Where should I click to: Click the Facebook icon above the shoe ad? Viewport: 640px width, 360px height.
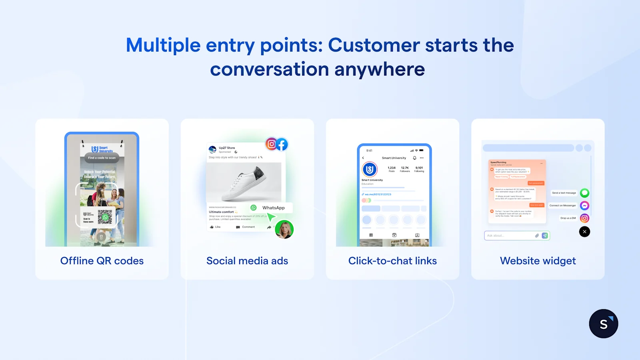pyautogui.click(x=282, y=144)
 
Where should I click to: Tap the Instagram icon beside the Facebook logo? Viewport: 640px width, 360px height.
pyautogui.click(x=272, y=144)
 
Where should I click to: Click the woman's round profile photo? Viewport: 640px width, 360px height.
pyautogui.click(x=284, y=230)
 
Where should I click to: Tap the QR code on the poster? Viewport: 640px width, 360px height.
pyautogui.click(x=105, y=217)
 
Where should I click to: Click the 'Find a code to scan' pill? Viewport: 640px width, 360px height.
pyautogui.click(x=102, y=158)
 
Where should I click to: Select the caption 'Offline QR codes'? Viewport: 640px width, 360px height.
pyautogui.click(x=102, y=261)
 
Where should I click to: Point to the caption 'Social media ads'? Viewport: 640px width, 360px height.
pyautogui.click(x=247, y=261)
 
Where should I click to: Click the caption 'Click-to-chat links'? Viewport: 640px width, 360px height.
pyautogui.click(x=392, y=261)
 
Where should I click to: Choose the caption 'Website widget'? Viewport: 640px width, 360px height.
pyautogui.click(x=538, y=261)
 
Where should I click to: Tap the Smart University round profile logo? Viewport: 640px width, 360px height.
pyautogui.click(x=370, y=170)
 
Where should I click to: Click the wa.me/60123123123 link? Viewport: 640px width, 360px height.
pyautogui.click(x=378, y=194)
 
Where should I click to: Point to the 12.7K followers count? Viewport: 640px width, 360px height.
pyautogui.click(x=405, y=168)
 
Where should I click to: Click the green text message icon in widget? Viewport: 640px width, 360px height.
pyautogui.click(x=584, y=193)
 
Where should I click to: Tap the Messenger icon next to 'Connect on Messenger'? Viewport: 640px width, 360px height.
pyautogui.click(x=584, y=206)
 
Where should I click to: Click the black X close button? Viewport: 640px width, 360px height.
pyautogui.click(x=584, y=232)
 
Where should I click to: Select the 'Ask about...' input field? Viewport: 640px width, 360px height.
pyautogui.click(x=510, y=236)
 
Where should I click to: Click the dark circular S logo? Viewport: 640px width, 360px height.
pyautogui.click(x=603, y=324)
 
